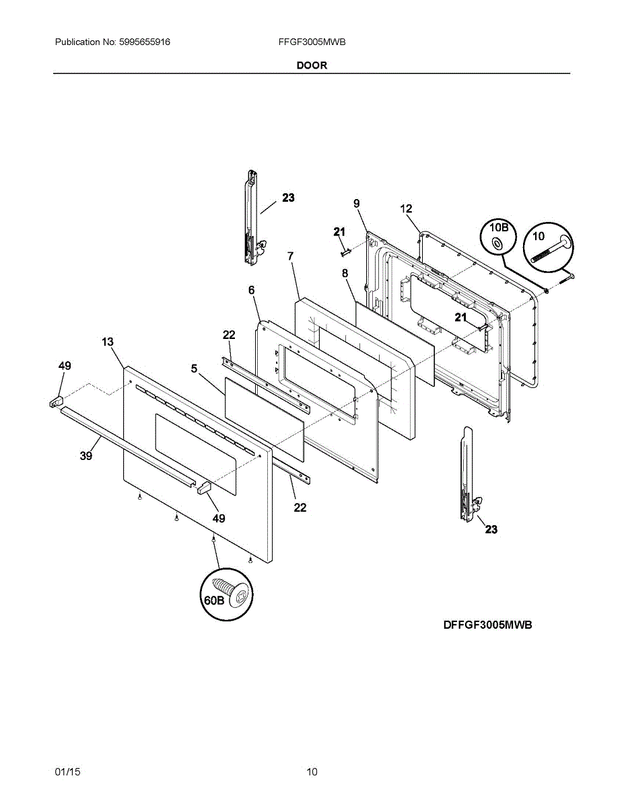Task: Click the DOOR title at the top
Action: pos(312,65)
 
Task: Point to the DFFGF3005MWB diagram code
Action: pos(487,625)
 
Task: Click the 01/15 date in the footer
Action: pos(67,771)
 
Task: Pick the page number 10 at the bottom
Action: pos(312,771)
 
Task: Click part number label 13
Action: pos(108,342)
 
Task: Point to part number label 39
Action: pos(85,455)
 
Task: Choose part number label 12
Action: pos(406,209)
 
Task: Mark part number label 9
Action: pos(356,203)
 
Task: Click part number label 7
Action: pos(290,256)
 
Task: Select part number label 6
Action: pos(251,290)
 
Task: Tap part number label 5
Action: pos(194,369)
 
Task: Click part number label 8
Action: pos(345,273)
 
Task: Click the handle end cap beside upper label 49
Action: pos(55,401)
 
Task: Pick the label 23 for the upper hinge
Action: pos(288,198)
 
